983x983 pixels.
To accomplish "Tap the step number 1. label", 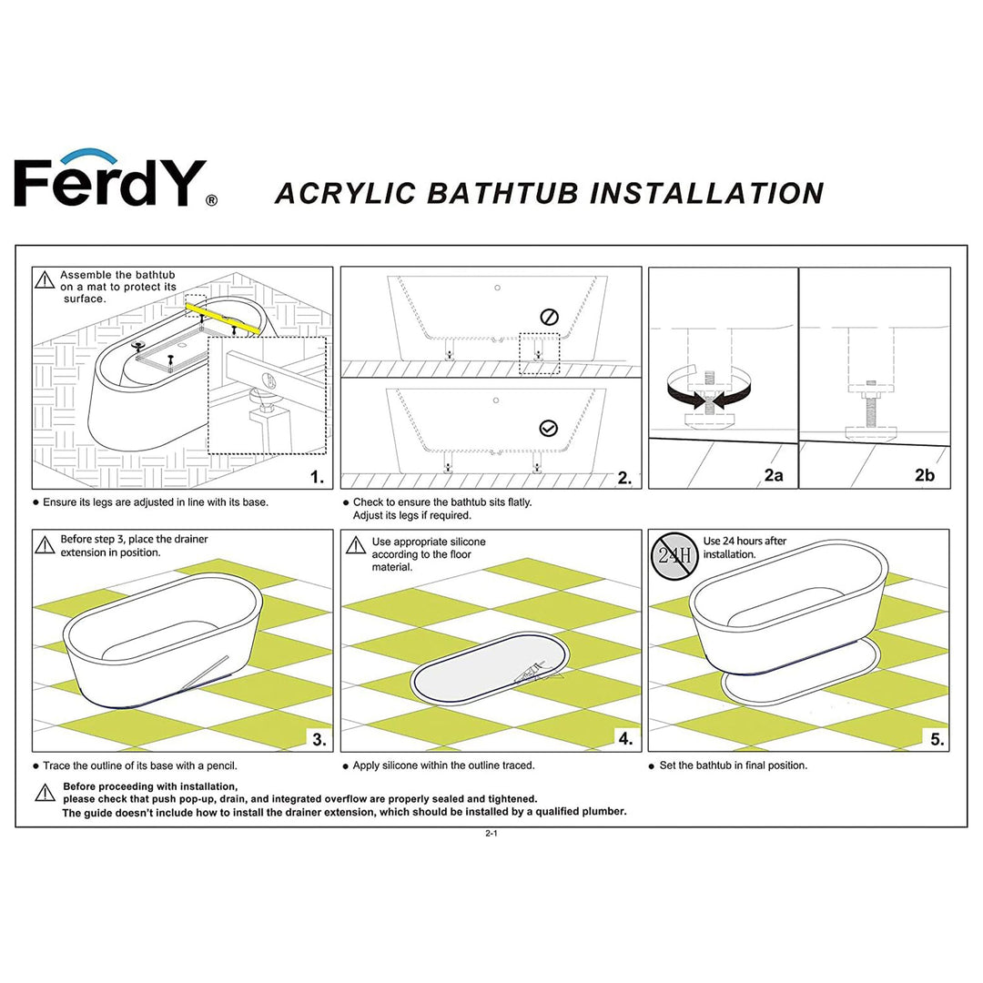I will [316, 477].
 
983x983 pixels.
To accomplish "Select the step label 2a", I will [774, 475].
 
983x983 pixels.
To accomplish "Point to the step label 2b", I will [925, 475].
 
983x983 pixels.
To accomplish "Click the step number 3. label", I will [319, 739].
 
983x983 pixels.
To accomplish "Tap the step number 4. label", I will [625, 739].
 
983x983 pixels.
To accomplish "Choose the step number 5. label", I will [937, 739].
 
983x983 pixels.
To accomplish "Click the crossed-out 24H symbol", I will [674, 554].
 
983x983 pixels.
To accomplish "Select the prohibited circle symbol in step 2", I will [548, 317].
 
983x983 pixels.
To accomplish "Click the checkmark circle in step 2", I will [548, 428].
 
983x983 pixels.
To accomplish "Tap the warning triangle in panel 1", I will [45, 280].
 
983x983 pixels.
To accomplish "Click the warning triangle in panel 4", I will [354, 545].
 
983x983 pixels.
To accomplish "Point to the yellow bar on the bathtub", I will [223, 319].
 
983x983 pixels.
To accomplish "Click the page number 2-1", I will [491, 834].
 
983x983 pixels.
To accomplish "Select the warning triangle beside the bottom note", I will [45, 793].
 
